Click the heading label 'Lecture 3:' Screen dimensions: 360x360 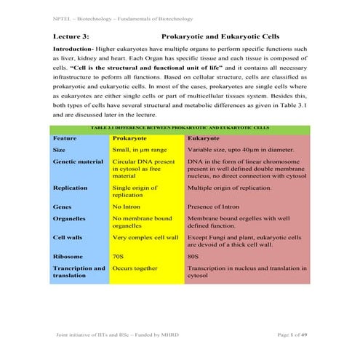[70, 36]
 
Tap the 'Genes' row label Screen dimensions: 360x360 [63, 206]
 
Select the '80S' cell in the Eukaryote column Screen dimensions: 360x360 [194, 257]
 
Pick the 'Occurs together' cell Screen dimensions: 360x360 [135, 268]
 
